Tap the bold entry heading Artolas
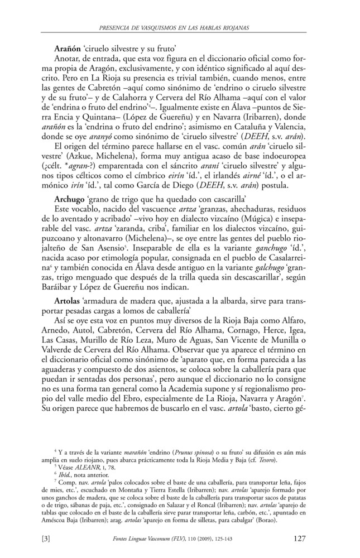[x=68, y=300]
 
